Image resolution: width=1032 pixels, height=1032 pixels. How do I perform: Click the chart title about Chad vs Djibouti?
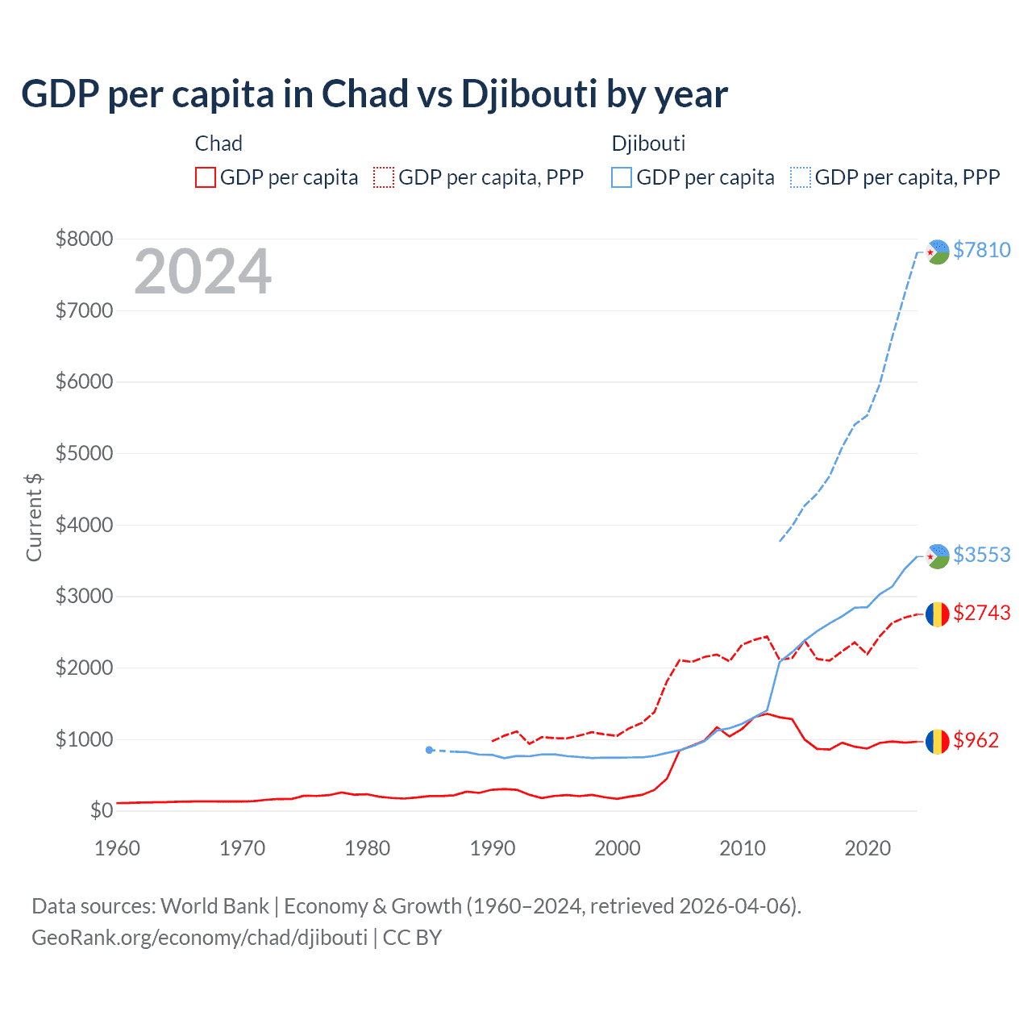click(374, 94)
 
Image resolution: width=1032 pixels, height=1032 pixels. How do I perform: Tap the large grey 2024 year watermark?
click(202, 272)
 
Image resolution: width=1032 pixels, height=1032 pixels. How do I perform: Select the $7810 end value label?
click(981, 250)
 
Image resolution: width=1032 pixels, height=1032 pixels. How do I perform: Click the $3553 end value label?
click(981, 555)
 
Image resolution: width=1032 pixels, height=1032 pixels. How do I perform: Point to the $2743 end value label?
click(981, 613)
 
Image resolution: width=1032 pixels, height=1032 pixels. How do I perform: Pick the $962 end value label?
click(976, 740)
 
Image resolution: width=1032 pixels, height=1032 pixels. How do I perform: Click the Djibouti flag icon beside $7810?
click(937, 252)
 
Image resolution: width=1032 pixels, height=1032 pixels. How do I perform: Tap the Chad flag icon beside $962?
click(937, 741)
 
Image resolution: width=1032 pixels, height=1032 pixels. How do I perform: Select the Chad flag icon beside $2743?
click(937, 614)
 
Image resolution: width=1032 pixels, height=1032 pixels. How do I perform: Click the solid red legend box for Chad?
click(206, 177)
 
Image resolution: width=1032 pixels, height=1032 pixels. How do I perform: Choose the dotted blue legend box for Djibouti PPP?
click(801, 177)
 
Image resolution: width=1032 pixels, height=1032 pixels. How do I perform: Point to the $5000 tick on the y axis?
click(84, 453)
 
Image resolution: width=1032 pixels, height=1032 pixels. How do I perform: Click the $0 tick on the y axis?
click(101, 810)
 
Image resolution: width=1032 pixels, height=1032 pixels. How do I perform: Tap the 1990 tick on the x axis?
click(493, 848)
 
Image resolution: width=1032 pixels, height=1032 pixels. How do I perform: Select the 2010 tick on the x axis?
click(743, 848)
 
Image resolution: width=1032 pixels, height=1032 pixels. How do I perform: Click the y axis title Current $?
click(34, 518)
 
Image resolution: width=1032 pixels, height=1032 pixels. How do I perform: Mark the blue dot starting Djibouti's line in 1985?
click(429, 750)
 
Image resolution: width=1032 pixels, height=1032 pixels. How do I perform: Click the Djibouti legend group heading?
click(648, 144)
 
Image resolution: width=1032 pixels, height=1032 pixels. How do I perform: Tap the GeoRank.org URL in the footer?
click(199, 938)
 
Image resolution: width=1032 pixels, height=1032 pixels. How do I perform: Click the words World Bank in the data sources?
click(214, 906)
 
